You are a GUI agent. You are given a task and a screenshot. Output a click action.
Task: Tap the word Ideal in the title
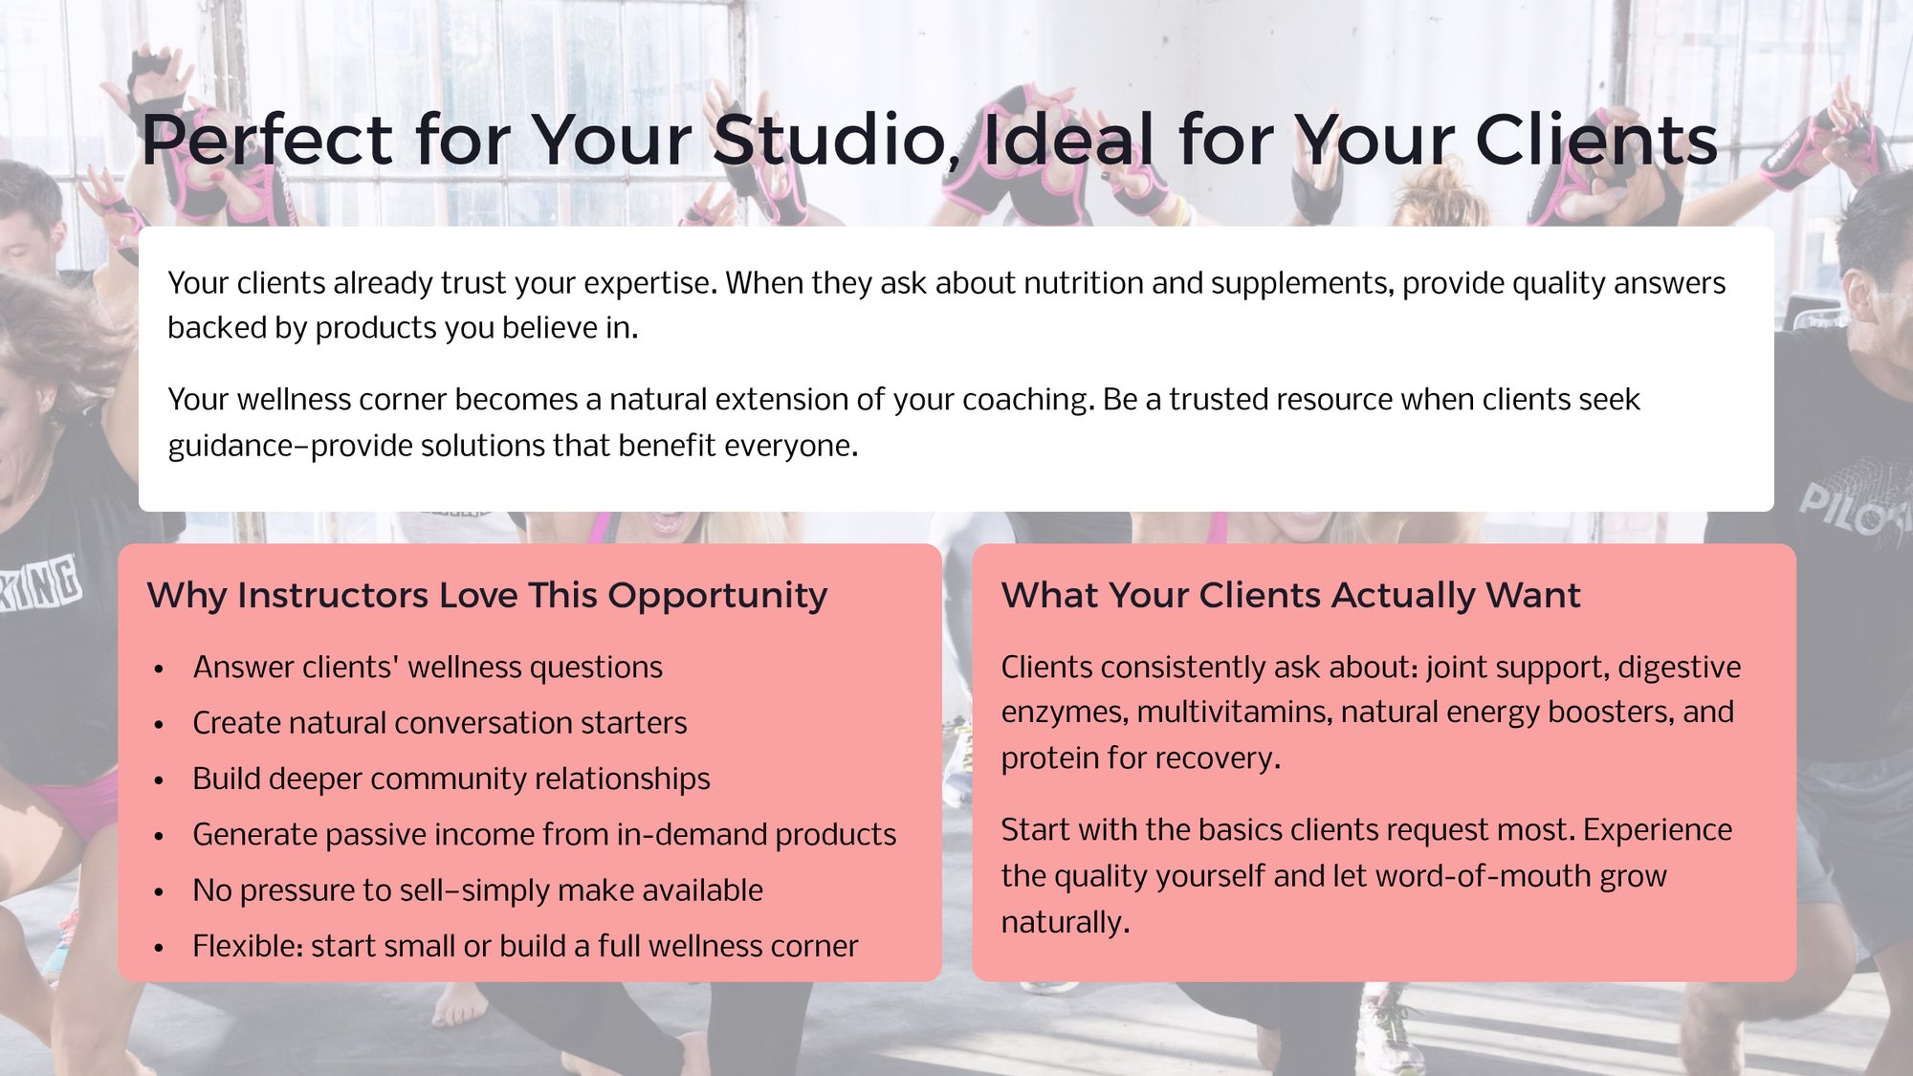1068,141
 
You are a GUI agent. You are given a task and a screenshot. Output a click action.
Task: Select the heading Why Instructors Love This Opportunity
487,595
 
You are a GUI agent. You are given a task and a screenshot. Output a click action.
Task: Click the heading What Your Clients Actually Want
1290,595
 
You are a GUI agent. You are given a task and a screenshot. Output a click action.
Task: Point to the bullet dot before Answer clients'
159,669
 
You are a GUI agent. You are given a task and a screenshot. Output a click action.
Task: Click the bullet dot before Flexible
159,948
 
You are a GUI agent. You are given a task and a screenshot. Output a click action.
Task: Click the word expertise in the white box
649,283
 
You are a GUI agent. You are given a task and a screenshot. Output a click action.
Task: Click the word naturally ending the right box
1065,923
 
